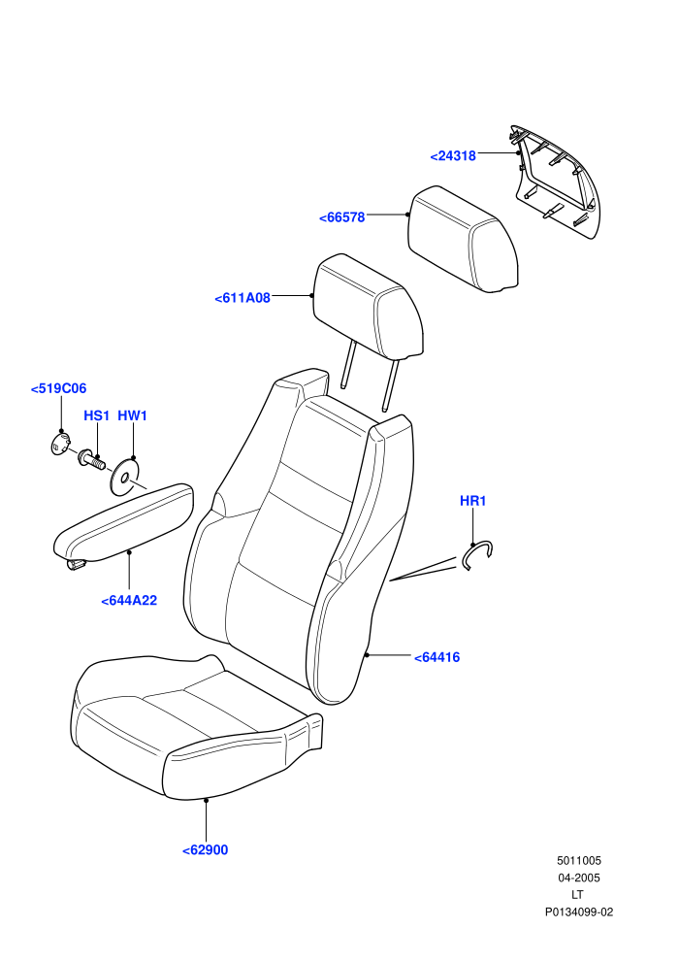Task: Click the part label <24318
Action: tap(453, 155)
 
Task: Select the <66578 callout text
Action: tap(341, 217)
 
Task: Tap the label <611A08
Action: tap(242, 298)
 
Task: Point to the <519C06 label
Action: tap(59, 388)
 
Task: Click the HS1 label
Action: tap(96, 415)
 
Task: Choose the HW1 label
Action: tap(132, 415)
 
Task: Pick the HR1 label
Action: tap(472, 501)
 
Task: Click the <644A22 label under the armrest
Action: tap(129, 601)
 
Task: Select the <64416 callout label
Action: tap(437, 657)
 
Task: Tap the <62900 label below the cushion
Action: tap(205, 850)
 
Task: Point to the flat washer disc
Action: tap(124, 477)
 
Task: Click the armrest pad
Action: tap(123, 524)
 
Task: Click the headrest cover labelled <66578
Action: tap(463, 240)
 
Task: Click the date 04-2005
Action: tap(578, 878)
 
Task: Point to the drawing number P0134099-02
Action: tap(578, 911)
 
